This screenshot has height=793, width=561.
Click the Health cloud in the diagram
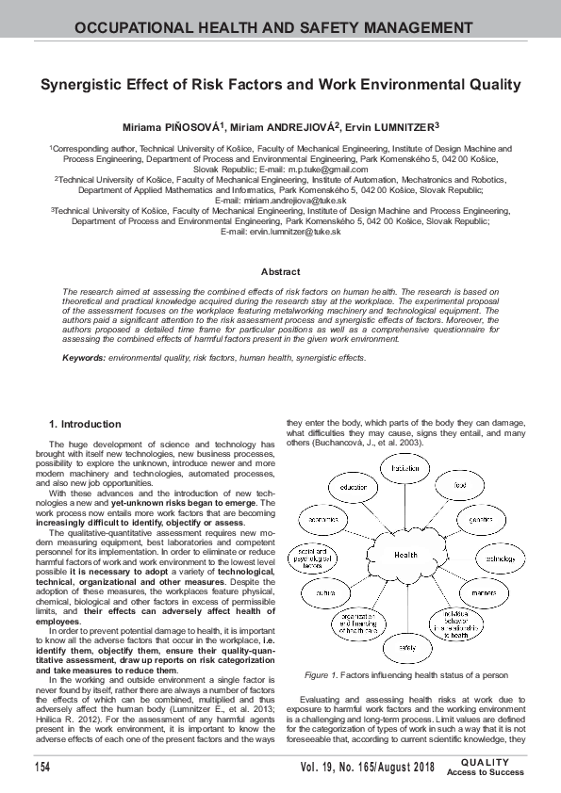(406, 555)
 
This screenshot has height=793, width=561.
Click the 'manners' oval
(484, 592)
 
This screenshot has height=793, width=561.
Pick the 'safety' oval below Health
(406, 649)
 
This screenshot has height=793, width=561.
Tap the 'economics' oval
(324, 519)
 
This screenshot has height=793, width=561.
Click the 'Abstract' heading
(280, 272)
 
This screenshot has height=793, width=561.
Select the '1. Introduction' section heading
(85, 425)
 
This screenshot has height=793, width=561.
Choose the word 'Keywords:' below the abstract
(83, 359)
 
